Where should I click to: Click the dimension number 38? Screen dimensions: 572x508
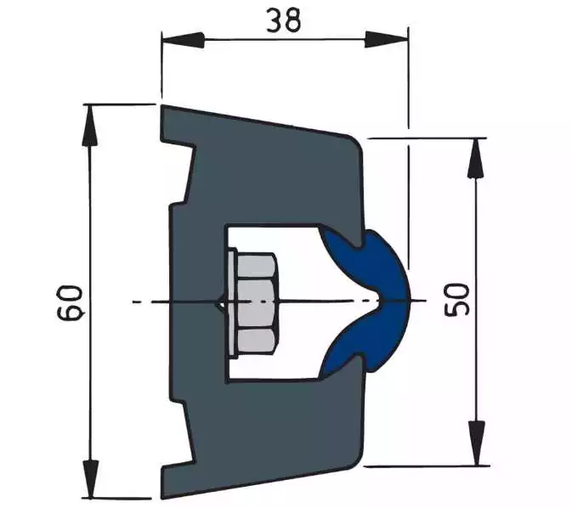click(283, 20)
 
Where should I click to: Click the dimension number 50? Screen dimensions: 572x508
click(456, 300)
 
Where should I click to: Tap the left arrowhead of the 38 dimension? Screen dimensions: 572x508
click(183, 40)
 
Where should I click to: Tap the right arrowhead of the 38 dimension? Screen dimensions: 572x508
click(387, 40)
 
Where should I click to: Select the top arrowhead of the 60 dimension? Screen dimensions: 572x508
click(90, 125)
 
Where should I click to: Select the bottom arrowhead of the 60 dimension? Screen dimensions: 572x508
click(90, 478)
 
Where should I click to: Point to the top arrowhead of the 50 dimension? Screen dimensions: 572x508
click(476, 158)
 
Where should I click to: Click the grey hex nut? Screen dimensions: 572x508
click(256, 303)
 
